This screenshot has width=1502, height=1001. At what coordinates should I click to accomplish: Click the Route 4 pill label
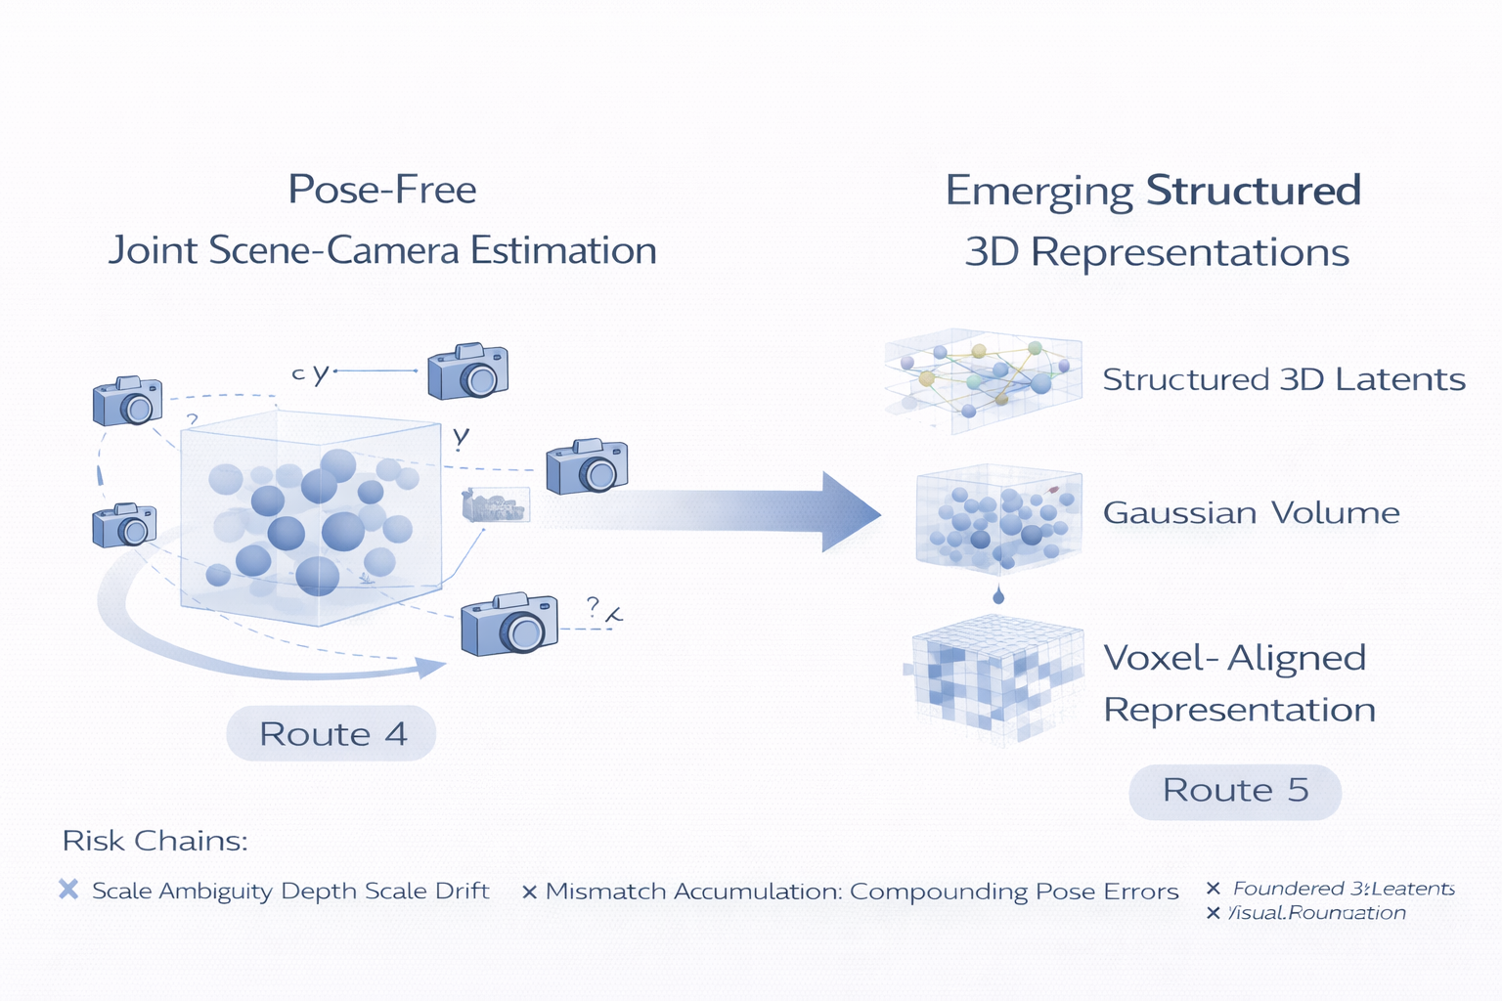coord(331,733)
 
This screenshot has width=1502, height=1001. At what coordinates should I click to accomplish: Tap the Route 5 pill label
coord(1235,790)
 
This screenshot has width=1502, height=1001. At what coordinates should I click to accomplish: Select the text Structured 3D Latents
coord(1283,379)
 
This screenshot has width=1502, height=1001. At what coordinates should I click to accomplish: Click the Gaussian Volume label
coord(1251,513)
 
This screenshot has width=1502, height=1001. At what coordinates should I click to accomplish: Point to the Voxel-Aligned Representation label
coord(1238,683)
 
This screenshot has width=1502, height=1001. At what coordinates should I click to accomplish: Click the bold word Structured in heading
coord(1253,190)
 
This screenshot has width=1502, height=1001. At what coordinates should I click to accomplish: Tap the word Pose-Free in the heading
coord(382,189)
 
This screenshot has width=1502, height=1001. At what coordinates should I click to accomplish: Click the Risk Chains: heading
coord(155,841)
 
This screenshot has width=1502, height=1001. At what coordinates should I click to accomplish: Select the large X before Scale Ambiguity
coord(68,890)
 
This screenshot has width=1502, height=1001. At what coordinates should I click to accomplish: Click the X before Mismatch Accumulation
coord(529,892)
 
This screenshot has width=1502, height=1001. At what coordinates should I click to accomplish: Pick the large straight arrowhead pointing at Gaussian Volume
coord(849,511)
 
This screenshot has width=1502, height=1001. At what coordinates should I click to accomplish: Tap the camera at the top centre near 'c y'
coord(468,371)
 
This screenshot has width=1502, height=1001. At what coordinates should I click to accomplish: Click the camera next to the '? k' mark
coord(509,624)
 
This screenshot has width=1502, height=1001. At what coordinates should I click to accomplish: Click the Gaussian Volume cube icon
coord(997,518)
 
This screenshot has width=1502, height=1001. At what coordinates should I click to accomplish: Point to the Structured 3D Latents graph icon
coord(983,378)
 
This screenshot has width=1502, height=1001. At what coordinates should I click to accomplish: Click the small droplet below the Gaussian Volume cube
coord(997,595)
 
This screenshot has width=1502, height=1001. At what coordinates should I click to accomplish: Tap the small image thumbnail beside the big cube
coord(496,504)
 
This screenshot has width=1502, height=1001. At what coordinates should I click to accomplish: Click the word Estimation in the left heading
coord(563,250)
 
